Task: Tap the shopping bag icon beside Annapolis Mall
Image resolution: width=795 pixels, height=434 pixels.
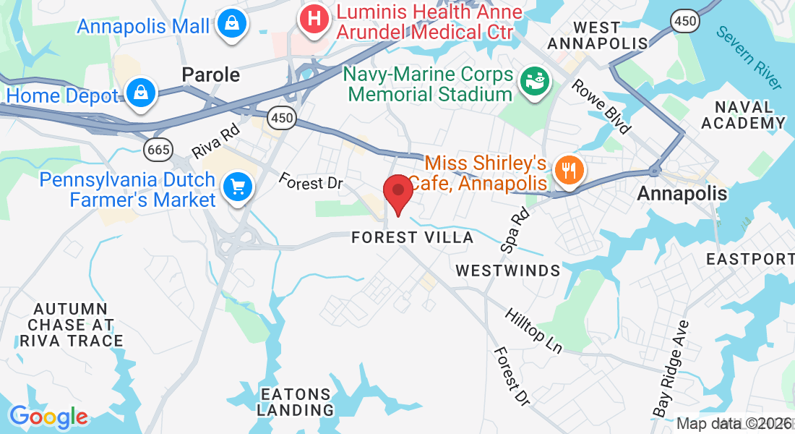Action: [233, 24]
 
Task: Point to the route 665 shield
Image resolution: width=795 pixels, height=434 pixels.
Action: [157, 150]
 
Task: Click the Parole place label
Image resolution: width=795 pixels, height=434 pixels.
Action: [211, 75]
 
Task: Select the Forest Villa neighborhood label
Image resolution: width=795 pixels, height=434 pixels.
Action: [413, 237]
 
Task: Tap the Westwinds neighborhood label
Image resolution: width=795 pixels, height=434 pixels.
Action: [508, 271]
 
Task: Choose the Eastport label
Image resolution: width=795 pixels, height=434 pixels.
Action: [750, 259]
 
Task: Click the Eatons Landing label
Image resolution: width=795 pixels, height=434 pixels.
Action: [296, 402]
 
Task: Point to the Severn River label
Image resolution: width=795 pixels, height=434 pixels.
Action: [749, 57]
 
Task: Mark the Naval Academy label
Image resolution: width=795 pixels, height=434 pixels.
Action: [744, 116]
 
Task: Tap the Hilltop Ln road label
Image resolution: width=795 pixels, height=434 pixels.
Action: [533, 331]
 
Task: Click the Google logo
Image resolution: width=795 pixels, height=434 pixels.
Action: [48, 417]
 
